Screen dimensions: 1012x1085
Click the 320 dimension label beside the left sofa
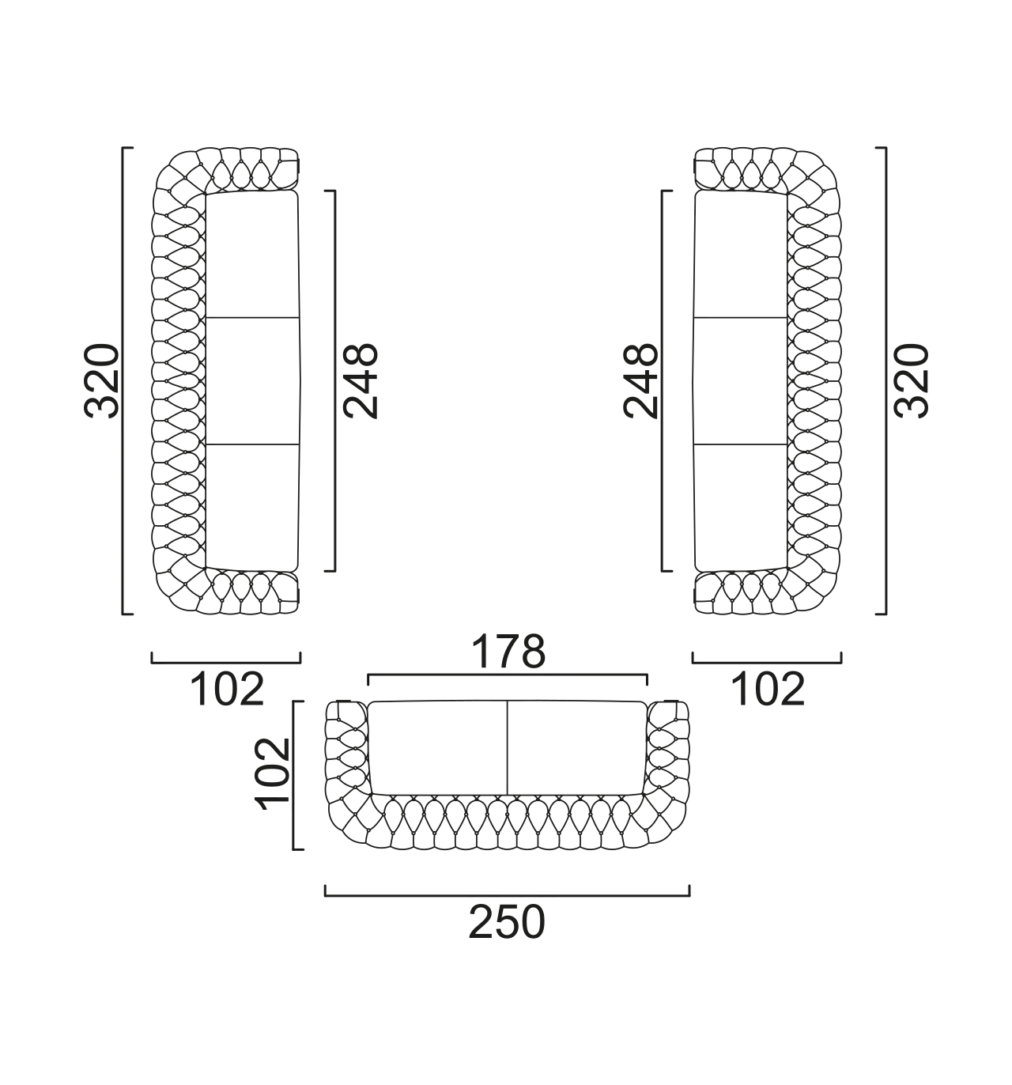click(101, 381)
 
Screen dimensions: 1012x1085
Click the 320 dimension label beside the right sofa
click(911, 381)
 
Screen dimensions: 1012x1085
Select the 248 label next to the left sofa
click(360, 381)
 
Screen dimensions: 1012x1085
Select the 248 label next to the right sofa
click(640, 381)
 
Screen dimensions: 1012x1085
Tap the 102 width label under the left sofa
click(227, 690)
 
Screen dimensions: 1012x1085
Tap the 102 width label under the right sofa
click(767, 690)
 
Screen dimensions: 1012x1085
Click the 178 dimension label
click(508, 652)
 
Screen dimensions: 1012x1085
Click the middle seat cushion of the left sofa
click(252, 381)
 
